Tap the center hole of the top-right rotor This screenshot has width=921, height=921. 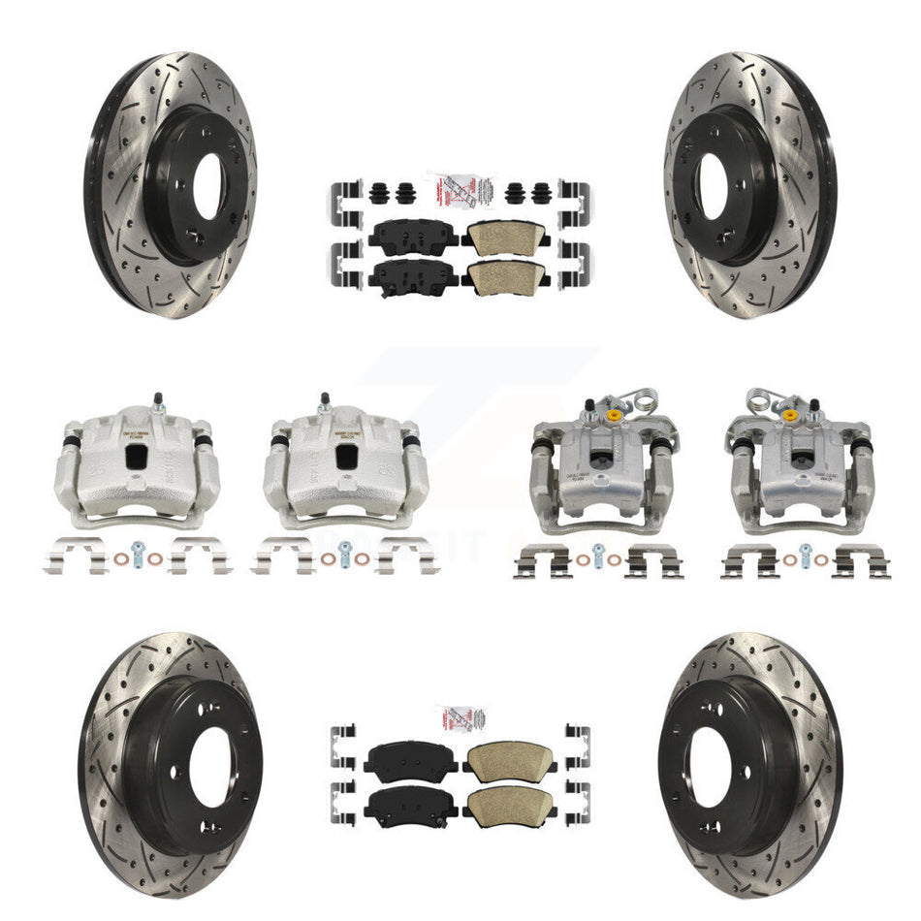point(713,184)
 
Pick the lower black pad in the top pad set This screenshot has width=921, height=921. point(405,278)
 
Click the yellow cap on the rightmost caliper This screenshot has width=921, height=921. point(790,416)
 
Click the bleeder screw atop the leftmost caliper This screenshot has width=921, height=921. point(156,399)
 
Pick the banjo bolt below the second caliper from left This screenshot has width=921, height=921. point(345,557)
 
